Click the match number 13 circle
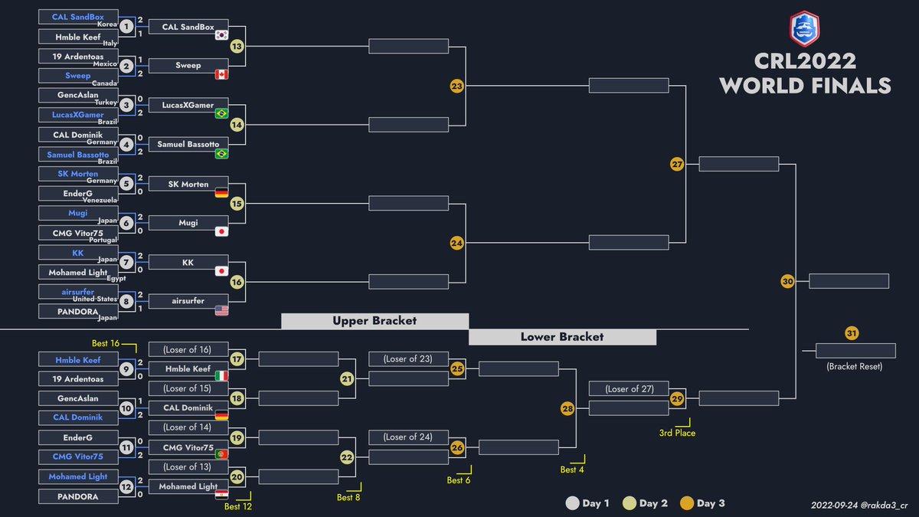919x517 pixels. (237, 47)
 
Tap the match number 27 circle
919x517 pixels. (677, 164)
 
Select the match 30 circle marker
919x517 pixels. (787, 282)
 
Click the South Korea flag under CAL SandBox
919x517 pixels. (221, 35)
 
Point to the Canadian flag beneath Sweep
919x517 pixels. (221, 75)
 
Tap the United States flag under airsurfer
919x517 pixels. (221, 311)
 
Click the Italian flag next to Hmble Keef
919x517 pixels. (221, 375)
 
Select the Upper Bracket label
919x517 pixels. (375, 321)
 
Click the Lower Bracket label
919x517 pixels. (562, 337)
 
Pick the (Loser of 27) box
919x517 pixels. (629, 388)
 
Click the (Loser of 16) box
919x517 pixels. (188, 349)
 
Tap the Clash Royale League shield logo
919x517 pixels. (805, 29)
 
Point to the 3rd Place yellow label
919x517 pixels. (677, 433)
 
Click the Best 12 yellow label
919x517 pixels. (238, 506)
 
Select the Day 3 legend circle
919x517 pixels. (687, 503)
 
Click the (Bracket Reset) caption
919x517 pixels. (855, 366)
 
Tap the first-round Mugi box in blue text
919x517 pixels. (78, 213)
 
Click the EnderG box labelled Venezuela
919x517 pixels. (78, 193)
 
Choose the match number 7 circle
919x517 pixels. (126, 262)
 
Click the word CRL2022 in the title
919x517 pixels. (805, 61)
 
